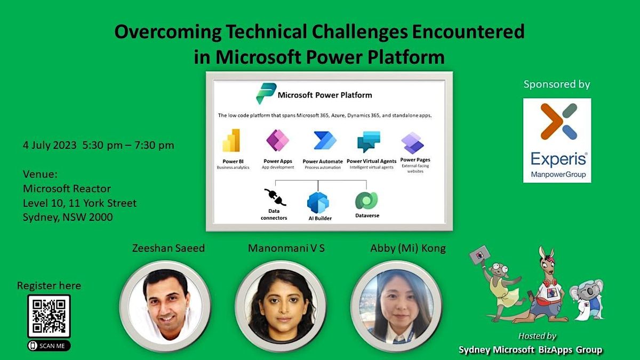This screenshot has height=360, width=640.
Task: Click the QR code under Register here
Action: pos(49,316)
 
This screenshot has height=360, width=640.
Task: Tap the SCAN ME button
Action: pos(49,346)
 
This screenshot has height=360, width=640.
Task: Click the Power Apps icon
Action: pos(277,141)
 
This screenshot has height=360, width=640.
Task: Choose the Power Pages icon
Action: pos(413,142)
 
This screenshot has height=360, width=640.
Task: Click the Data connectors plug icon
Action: pos(275,197)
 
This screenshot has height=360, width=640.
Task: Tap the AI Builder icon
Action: pos(318,202)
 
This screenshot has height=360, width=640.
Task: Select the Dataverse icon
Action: pos(366,201)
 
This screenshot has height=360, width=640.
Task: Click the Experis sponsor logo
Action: pos(557,140)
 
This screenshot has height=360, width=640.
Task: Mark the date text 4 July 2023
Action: pos(50,145)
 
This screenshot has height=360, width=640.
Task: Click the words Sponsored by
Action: pos(557,84)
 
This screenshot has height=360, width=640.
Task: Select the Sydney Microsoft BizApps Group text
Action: pos(530,350)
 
